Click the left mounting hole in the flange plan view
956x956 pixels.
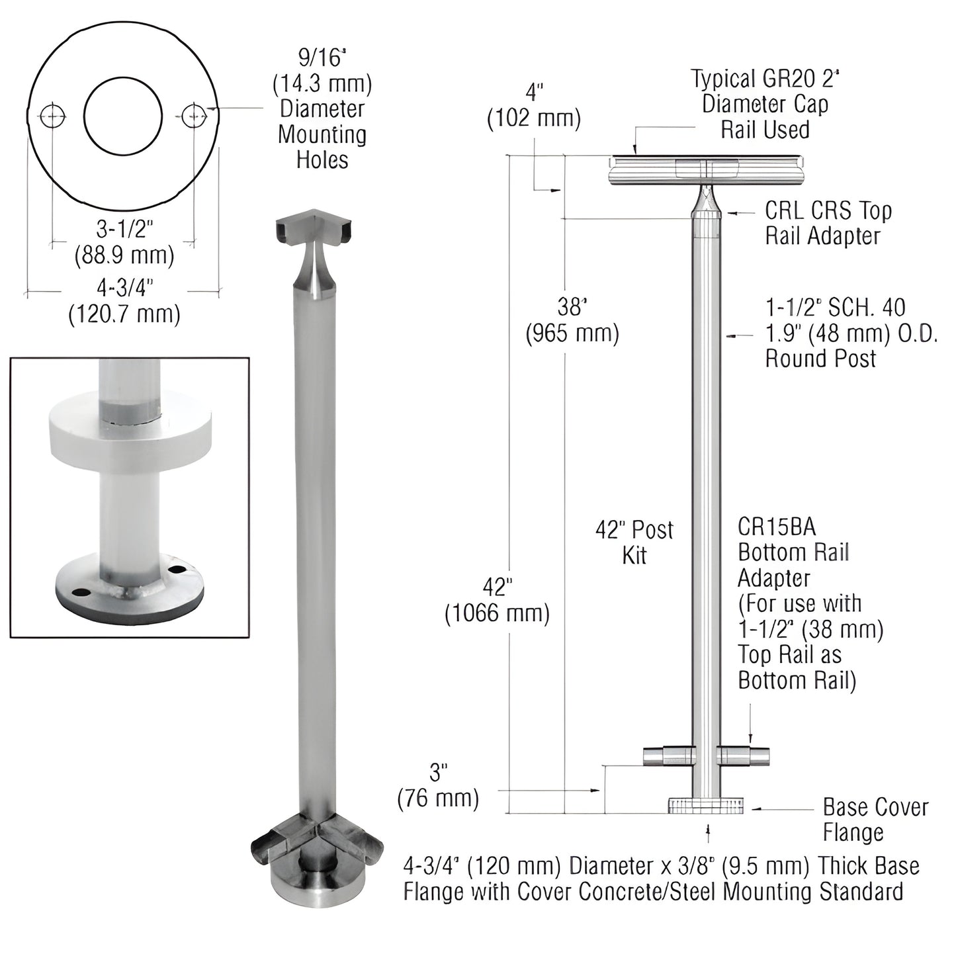(53, 117)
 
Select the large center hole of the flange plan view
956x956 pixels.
(123, 117)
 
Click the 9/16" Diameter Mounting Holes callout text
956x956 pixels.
(322, 109)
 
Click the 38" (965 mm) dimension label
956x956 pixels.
(572, 320)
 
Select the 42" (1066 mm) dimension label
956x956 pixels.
(497, 601)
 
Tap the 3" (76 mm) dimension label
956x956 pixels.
(438, 785)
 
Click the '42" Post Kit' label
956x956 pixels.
(634, 542)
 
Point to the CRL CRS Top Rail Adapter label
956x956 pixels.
(828, 223)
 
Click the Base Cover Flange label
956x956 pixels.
(875, 819)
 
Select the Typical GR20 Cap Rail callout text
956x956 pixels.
(765, 104)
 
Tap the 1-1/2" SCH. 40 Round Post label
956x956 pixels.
(851, 333)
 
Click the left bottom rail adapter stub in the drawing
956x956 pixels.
(670, 756)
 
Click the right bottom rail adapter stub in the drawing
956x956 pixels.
(744, 756)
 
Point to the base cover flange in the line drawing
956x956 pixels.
(705, 805)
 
